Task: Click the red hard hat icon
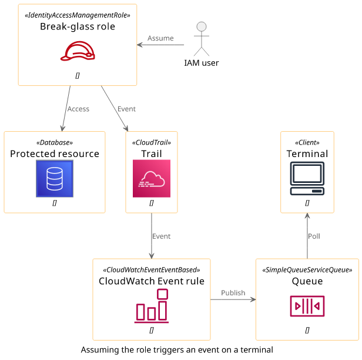(78, 51)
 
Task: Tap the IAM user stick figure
(202, 39)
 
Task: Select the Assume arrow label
(160, 38)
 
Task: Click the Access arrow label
(78, 109)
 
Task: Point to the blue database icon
(55, 178)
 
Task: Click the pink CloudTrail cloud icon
(152, 178)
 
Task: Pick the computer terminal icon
(307, 178)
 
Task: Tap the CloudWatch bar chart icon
(152, 305)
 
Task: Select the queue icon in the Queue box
(307, 306)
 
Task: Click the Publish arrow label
(233, 293)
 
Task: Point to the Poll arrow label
(314, 236)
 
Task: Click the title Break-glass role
(78, 26)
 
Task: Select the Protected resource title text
(55, 154)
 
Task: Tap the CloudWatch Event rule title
(152, 281)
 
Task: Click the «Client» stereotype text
(307, 142)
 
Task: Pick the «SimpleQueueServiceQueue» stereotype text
(307, 270)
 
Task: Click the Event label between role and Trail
(126, 109)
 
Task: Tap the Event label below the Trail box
(162, 236)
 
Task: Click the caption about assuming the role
(177, 350)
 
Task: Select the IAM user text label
(202, 63)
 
